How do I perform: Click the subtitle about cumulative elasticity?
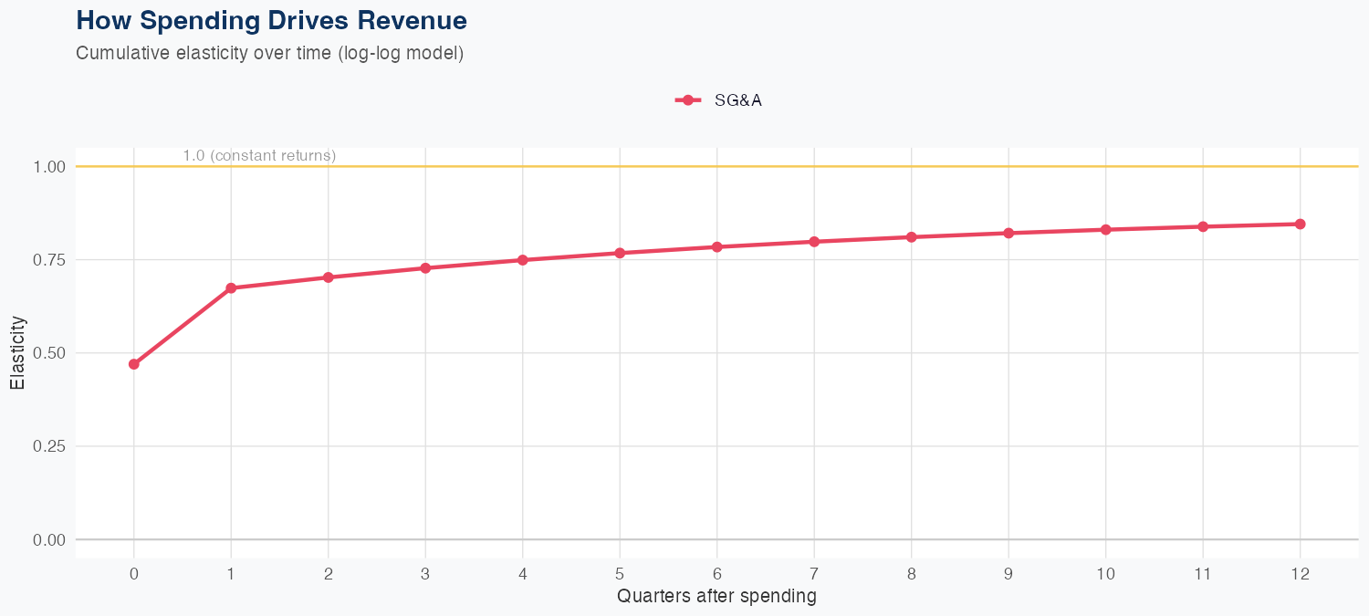pos(270,53)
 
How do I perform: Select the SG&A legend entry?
pos(718,100)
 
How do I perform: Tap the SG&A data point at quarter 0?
pos(134,364)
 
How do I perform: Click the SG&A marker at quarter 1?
pos(231,288)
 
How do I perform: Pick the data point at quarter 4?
pos(522,260)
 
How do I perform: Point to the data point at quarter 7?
pos(814,242)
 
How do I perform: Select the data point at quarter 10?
pos(1105,229)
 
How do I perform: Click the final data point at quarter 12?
pos(1300,224)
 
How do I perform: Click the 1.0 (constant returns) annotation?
pos(259,156)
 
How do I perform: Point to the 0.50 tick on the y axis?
pos(49,353)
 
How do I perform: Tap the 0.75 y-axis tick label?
pos(49,260)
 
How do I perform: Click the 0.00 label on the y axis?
pos(49,540)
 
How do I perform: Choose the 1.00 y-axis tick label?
pos(49,167)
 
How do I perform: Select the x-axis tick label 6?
pos(716,574)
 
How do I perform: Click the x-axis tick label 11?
pos(1203,574)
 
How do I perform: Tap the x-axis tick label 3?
pos(425,574)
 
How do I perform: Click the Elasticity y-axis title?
pos(17,352)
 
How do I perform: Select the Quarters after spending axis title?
pos(716,597)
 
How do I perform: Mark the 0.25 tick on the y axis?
pos(49,446)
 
